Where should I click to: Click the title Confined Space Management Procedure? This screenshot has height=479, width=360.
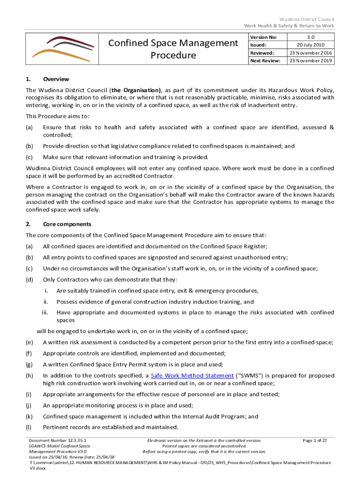click(x=173, y=49)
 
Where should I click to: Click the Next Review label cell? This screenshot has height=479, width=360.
click(x=265, y=61)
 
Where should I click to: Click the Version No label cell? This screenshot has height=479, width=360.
click(x=264, y=37)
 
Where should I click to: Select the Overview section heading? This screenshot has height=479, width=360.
click(x=56, y=80)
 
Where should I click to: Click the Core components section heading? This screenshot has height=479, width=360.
click(x=65, y=224)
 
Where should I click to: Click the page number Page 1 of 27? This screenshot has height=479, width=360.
click(x=314, y=441)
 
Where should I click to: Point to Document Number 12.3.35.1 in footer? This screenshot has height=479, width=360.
click(x=57, y=441)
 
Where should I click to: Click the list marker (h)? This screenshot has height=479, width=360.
click(x=29, y=376)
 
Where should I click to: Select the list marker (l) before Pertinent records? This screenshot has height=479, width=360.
click(x=29, y=428)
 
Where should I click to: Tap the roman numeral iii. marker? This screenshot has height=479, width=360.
click(x=46, y=312)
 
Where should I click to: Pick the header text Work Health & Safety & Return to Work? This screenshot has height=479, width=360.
click(x=288, y=25)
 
